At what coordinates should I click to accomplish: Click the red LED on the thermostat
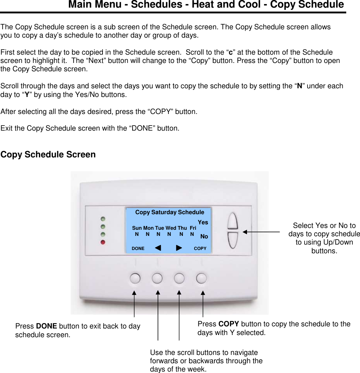coord(103,242)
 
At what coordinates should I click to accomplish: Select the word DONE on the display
coord(138,249)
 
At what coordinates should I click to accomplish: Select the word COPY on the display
coord(200,249)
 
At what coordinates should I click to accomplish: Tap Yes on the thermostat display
coord(203,222)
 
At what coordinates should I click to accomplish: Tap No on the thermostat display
coord(204,236)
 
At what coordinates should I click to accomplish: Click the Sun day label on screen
coord(137,228)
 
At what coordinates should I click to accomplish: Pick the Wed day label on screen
coord(171,228)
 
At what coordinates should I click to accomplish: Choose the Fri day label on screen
coord(193,228)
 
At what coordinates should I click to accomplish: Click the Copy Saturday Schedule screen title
coord(169,212)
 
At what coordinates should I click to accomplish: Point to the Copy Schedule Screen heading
coord(48,154)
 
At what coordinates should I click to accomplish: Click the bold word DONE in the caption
coord(46,326)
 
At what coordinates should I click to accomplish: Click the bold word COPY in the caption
coord(229,324)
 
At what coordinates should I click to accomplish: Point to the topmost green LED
coord(103,219)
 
